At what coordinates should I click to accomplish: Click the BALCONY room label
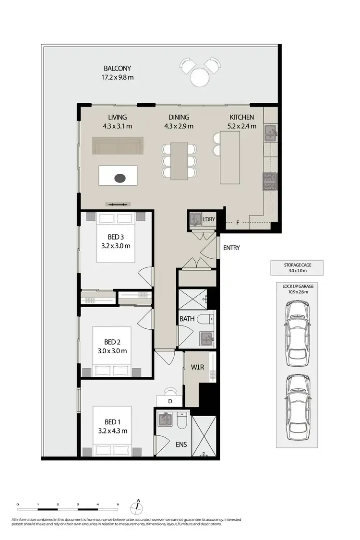coord(117,68)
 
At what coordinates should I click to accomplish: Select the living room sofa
coord(118,145)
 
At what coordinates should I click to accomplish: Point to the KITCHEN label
coord(242,117)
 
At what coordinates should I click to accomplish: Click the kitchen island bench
coord(229,157)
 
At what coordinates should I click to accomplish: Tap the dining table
coord(179,161)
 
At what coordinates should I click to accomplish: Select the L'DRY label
coord(209,220)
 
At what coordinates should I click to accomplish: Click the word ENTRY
coord(231,248)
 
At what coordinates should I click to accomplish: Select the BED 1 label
coord(112,422)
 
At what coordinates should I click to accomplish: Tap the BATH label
coord(187,319)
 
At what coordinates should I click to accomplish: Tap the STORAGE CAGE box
coord(297,268)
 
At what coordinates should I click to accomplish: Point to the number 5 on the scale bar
coord(118,504)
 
